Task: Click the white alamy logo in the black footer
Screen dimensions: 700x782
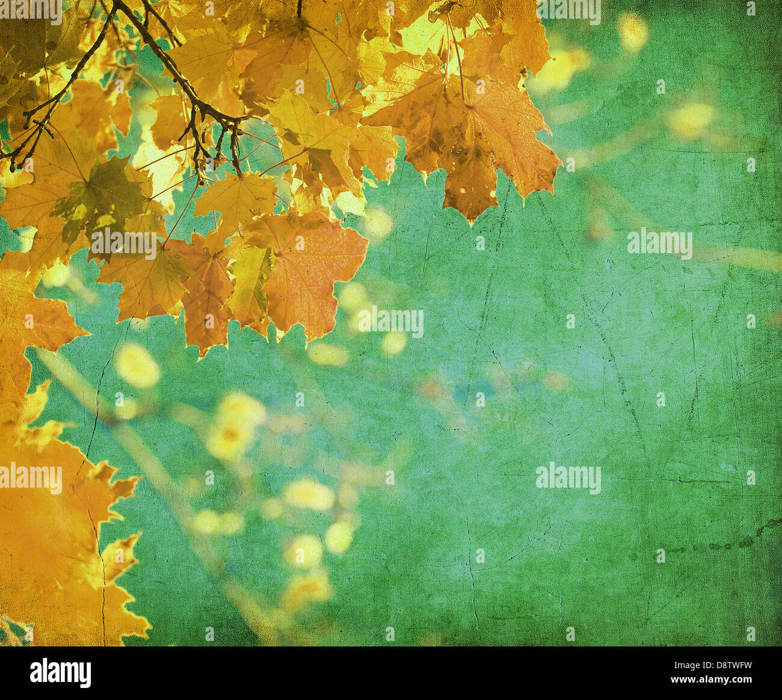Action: click(60, 672)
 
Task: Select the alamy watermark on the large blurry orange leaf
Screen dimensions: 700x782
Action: click(31, 479)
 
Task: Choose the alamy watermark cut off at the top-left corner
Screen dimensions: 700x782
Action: click(30, 11)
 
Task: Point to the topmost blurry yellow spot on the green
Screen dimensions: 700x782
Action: click(632, 30)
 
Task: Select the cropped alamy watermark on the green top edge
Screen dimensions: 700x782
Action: click(568, 11)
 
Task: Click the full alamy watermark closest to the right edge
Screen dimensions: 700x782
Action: click(659, 244)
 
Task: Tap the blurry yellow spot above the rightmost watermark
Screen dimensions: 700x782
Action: click(691, 119)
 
